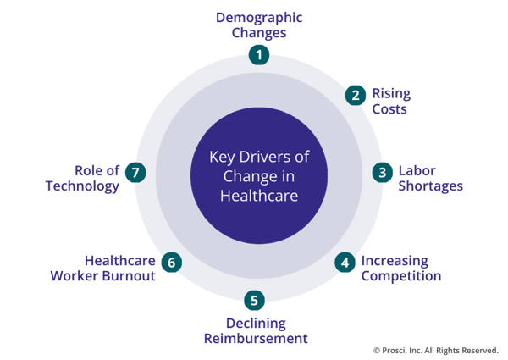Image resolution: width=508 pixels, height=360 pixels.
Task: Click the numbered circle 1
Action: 258,55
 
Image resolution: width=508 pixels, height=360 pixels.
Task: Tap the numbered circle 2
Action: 356,94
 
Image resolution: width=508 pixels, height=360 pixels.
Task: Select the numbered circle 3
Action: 383,172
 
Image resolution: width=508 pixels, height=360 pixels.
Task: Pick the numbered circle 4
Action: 345,262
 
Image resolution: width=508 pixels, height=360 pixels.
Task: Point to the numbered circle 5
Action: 254,300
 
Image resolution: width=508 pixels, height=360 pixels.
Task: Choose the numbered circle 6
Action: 171,262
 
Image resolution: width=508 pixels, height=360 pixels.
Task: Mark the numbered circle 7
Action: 135,172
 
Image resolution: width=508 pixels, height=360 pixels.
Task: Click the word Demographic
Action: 258,17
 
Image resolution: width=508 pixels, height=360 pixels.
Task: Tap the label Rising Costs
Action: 390,101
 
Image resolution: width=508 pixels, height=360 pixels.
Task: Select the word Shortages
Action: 431,186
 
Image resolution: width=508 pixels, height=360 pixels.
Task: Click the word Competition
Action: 401,276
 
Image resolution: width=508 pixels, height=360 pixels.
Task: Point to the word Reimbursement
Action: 255,339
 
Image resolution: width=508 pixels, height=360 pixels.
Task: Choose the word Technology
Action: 82,186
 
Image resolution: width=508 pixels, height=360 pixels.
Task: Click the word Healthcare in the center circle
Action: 258,194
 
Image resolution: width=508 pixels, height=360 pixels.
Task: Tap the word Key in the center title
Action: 222,157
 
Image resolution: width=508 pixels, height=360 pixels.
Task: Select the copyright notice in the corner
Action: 435,350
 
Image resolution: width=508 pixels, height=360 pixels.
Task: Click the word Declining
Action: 256,324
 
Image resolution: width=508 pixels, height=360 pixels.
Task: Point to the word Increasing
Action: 395,261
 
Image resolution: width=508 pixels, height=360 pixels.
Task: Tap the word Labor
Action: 417,171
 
